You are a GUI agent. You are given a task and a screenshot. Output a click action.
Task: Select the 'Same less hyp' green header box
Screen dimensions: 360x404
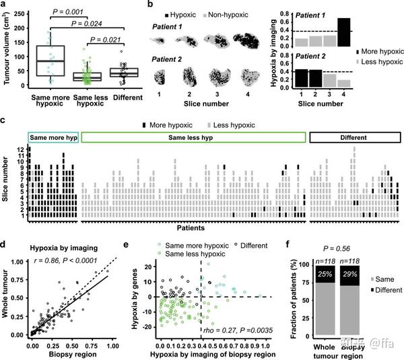click(x=193, y=137)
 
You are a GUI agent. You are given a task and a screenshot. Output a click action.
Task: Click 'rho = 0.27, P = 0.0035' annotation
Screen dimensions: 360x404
click(x=236, y=332)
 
